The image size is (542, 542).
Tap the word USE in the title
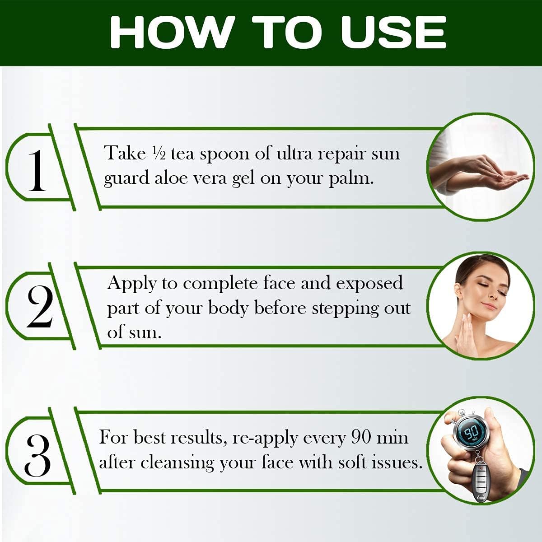tap(393, 33)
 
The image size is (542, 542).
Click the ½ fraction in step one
tap(159, 154)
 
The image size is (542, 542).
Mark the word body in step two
tap(228, 309)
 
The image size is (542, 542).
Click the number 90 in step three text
tap(362, 438)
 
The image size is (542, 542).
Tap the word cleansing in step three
tap(177, 463)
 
